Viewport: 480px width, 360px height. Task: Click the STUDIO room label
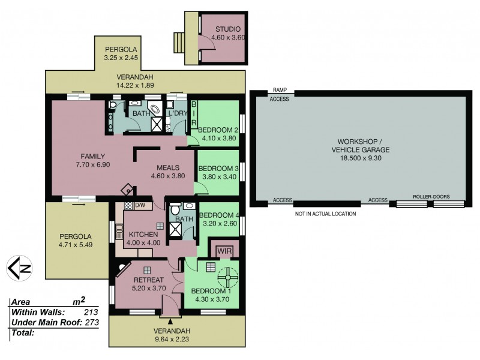pyautogui.click(x=228, y=29)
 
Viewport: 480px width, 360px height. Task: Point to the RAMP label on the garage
pyautogui.click(x=280, y=89)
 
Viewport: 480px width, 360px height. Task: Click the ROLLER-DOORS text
pyautogui.click(x=431, y=196)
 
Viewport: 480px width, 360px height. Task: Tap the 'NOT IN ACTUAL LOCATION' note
pyautogui.click(x=325, y=214)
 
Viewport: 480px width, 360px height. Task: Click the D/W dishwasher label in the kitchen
pyautogui.click(x=140, y=205)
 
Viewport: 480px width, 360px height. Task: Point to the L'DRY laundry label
pyautogui.click(x=178, y=113)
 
